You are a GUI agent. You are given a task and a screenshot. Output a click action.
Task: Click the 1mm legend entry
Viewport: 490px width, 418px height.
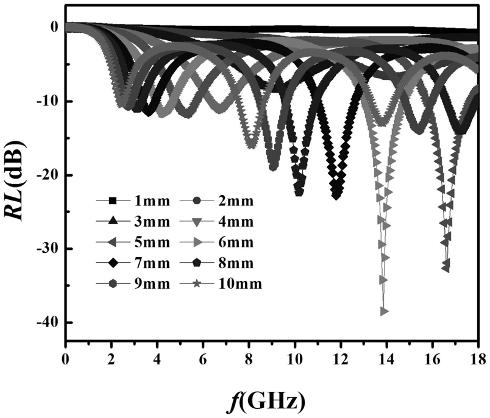pos(138,200)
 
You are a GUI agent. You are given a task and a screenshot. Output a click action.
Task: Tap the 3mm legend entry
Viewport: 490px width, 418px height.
pos(138,221)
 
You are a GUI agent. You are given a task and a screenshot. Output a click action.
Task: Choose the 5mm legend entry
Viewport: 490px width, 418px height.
pos(138,242)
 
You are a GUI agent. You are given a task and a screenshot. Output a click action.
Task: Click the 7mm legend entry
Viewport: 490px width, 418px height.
pos(138,263)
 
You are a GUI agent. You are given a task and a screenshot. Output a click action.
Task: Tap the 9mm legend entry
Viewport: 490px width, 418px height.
pos(138,284)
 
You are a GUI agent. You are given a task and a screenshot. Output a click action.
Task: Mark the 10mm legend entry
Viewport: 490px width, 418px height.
pos(224,284)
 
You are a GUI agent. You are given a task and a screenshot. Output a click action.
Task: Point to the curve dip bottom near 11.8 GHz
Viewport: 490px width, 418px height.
pos(336,195)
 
